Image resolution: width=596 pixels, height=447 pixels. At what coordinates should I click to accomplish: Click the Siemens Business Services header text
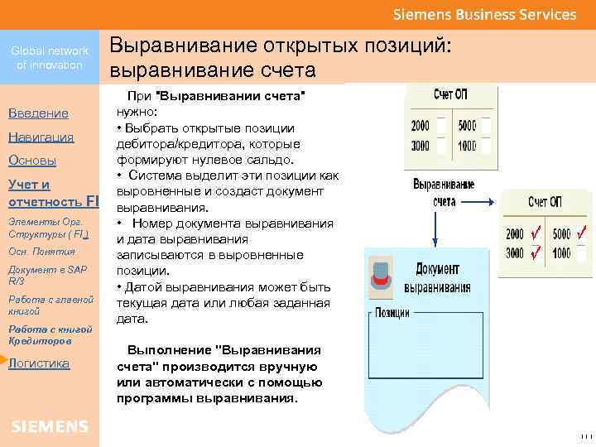tap(484, 15)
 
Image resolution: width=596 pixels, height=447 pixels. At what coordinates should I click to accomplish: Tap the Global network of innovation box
tap(50, 58)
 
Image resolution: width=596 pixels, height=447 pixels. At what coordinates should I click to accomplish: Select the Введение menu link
tap(38, 113)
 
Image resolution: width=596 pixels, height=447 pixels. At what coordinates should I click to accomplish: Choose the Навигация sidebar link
tap(41, 137)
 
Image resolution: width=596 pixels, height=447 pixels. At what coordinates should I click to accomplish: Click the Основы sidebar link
tap(31, 161)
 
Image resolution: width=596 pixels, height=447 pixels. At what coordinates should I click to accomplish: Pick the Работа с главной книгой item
tap(50, 305)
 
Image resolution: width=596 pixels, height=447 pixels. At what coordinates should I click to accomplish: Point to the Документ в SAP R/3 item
tap(46, 275)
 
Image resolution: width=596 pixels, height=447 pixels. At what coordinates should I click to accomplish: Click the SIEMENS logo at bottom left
tap(50, 426)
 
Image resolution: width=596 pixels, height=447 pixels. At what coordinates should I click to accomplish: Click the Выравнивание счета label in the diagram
tap(444, 193)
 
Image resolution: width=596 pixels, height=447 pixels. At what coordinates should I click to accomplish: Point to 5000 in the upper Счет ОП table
tap(466, 126)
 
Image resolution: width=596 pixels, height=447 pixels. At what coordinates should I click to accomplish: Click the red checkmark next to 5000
tap(583, 234)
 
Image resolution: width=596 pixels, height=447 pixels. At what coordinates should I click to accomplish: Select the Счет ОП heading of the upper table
tap(451, 95)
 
